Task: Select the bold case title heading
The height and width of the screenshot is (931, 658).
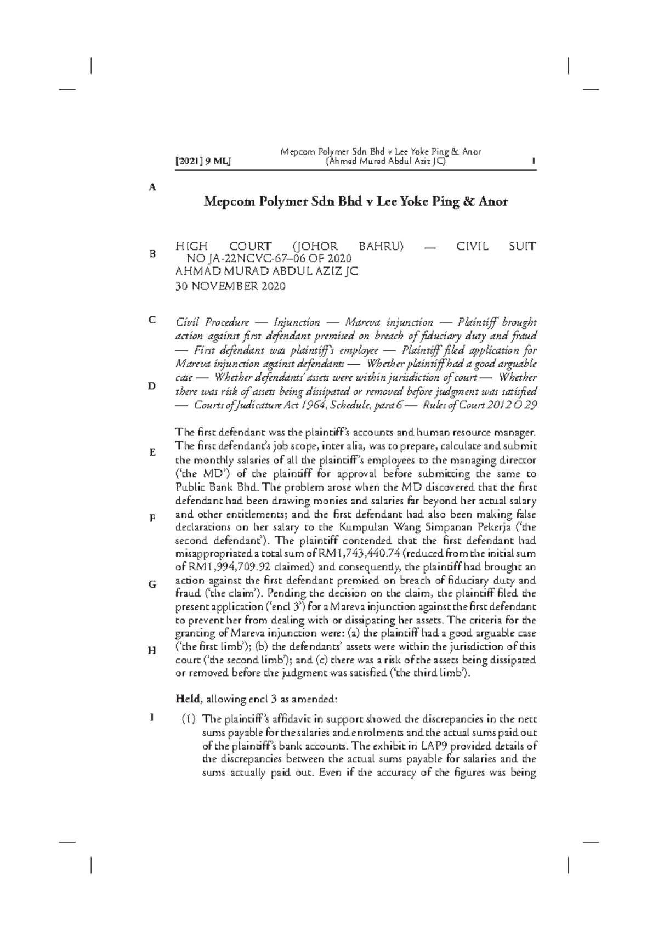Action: (356, 202)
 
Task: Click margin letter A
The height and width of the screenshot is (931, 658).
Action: (152, 187)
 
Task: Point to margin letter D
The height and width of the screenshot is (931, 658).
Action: (152, 386)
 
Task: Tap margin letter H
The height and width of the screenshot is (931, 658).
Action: (152, 650)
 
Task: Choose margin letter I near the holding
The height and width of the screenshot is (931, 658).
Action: (152, 717)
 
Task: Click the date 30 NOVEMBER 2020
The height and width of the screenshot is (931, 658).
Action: (230, 286)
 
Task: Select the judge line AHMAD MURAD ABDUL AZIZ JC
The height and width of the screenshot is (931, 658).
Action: (266, 272)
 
